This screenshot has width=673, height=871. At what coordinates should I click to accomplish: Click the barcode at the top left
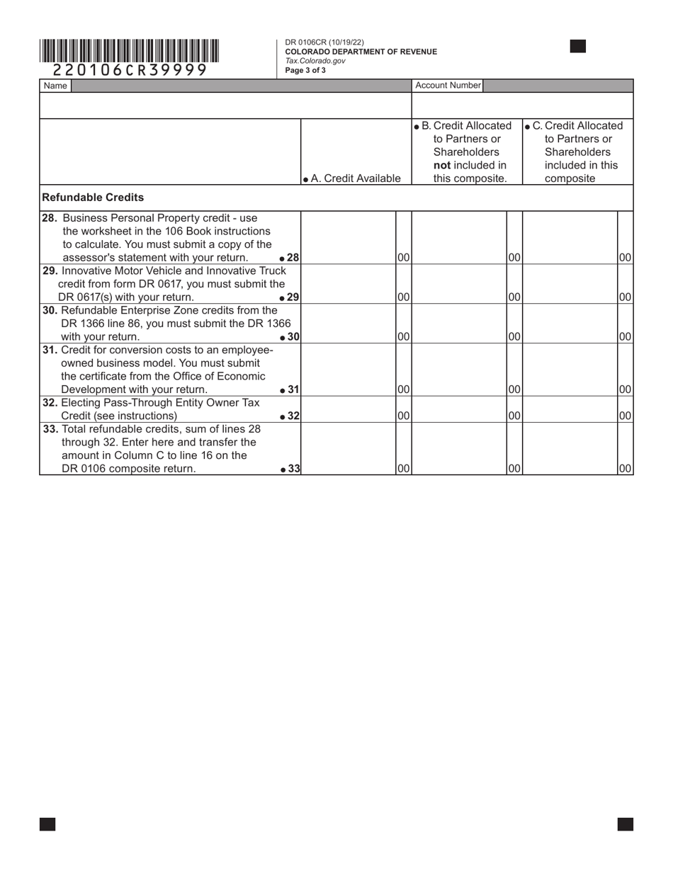129,51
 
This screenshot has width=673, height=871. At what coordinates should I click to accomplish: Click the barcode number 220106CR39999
130,70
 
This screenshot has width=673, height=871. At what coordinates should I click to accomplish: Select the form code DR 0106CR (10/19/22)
324,42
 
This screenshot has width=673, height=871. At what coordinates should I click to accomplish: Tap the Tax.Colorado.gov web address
315,61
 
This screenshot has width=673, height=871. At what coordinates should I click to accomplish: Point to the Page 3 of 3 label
305,70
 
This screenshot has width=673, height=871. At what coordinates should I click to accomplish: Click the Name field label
55,86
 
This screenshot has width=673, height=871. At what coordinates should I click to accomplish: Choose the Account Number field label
448,85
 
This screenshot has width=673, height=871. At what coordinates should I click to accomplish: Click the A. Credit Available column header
351,178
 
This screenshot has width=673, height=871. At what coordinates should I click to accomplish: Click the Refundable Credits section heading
93,198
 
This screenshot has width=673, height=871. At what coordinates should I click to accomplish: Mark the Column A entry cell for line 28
348,237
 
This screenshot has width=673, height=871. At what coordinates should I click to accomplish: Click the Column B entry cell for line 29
459,284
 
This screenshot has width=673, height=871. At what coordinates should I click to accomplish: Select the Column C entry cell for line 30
570,324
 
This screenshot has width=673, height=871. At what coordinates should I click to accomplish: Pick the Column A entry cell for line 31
348,370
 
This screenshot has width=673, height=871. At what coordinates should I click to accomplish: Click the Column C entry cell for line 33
570,449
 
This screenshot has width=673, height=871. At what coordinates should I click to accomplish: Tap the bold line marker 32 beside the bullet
293,416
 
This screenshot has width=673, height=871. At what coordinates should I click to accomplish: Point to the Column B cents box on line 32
514,416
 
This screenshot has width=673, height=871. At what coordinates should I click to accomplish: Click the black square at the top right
578,47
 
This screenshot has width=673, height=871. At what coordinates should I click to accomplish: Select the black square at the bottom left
47,824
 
